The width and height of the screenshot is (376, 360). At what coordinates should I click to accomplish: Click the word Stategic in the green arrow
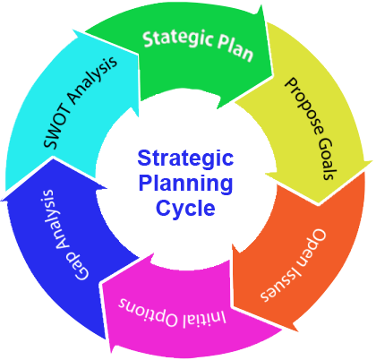178,39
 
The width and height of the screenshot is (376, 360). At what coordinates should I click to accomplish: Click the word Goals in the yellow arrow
326,159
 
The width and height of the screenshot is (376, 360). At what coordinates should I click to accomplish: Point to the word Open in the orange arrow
311,248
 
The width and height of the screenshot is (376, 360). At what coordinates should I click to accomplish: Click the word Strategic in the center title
185,159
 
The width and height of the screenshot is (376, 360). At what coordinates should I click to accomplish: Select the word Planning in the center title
185,184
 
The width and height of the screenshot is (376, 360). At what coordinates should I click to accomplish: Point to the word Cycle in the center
185,208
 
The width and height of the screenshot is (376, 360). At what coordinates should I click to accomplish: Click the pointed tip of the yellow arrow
319,205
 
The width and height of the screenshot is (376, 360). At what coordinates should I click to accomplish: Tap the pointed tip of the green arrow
273,74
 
